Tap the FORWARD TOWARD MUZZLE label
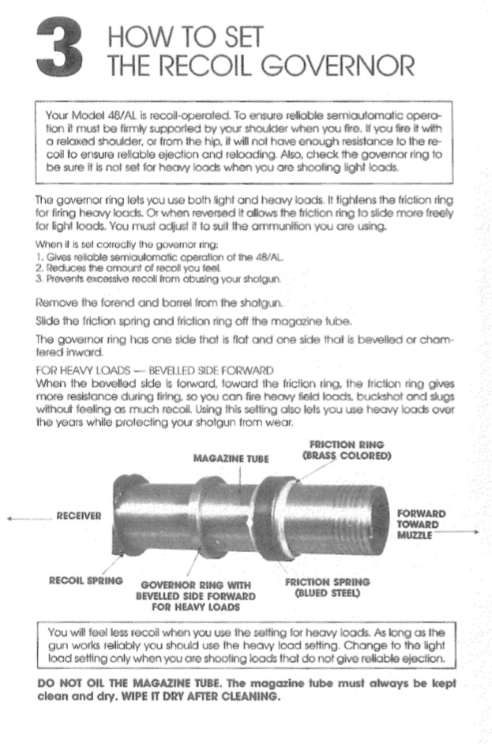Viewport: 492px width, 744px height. (x=420, y=524)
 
